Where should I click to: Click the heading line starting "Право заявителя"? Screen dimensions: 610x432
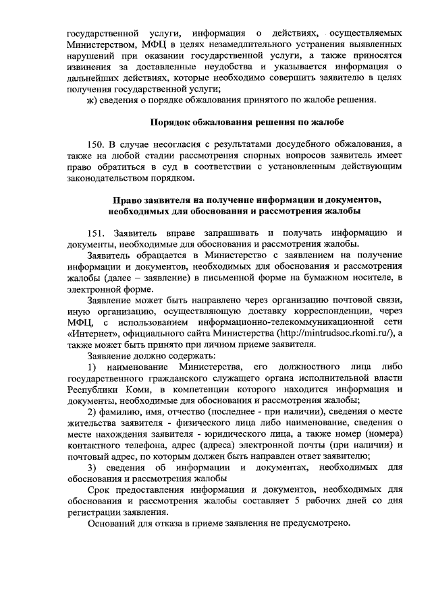[247, 200]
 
